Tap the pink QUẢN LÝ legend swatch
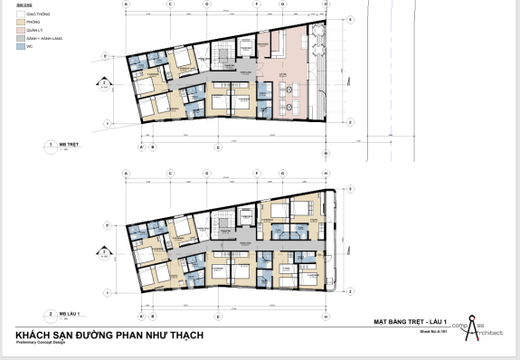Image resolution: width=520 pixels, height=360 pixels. click(20, 29)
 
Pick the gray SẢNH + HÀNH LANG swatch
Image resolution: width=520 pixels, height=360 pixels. click(20, 37)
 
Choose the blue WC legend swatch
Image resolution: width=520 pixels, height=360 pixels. click(20, 45)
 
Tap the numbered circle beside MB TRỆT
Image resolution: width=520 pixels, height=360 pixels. click(49, 145)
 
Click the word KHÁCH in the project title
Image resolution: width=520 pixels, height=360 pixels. click(35, 336)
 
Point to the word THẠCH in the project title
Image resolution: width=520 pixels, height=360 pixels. click(184, 336)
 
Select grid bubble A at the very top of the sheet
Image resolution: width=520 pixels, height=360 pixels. click(126, 5)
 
